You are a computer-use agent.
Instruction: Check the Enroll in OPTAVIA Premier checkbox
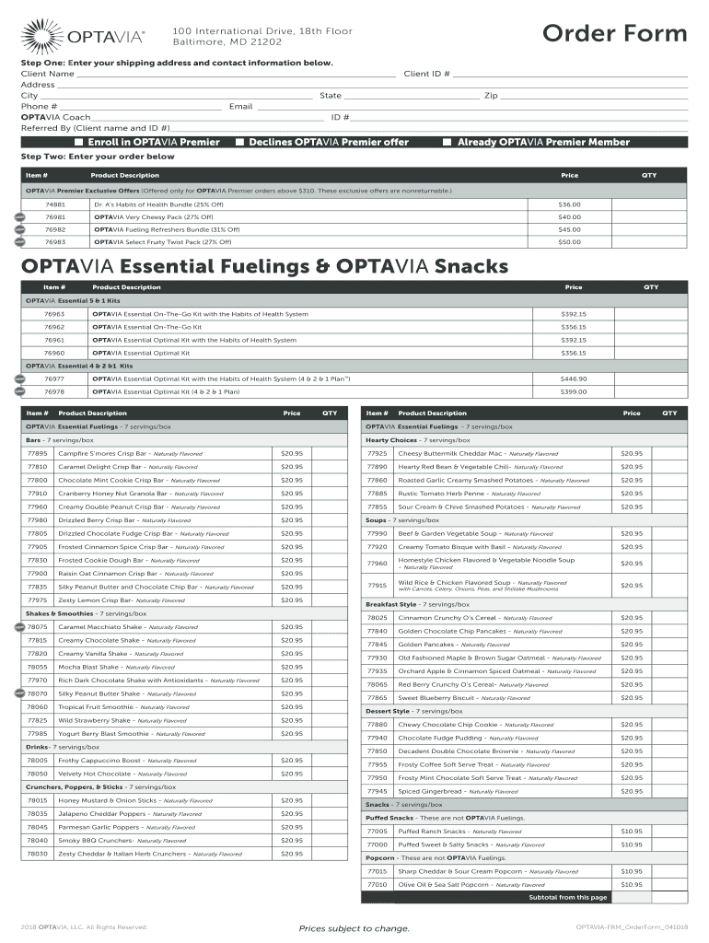[79, 143]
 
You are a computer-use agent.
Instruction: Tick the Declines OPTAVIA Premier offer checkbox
[239, 143]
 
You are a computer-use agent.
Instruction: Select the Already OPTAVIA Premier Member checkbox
[447, 143]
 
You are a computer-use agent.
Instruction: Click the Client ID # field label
[427, 74]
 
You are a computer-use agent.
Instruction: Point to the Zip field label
[491, 96]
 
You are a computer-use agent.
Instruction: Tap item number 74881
[55, 204]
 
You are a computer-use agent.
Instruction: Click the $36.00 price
[569, 204]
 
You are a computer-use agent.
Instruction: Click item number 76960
[54, 353]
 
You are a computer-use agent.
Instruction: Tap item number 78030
[38, 854]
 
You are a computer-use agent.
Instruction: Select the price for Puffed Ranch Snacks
[632, 831]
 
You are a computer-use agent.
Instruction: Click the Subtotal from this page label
[567, 897]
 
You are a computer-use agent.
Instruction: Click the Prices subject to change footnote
[354, 928]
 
